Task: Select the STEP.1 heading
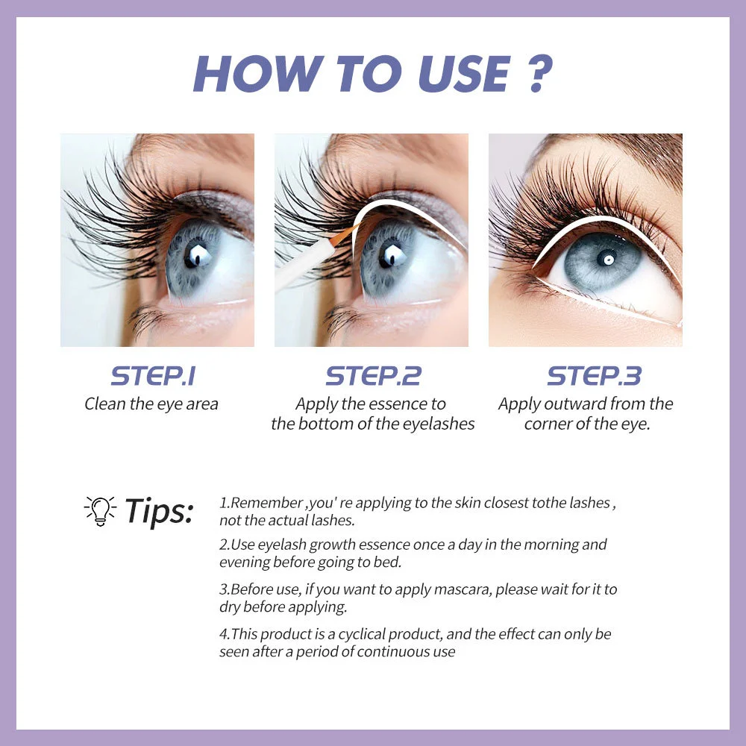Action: click(152, 375)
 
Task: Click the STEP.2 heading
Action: click(373, 375)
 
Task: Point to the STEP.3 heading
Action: click(594, 375)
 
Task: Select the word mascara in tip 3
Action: click(419, 589)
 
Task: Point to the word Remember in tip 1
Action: click(261, 503)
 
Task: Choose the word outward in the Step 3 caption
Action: click(571, 404)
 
